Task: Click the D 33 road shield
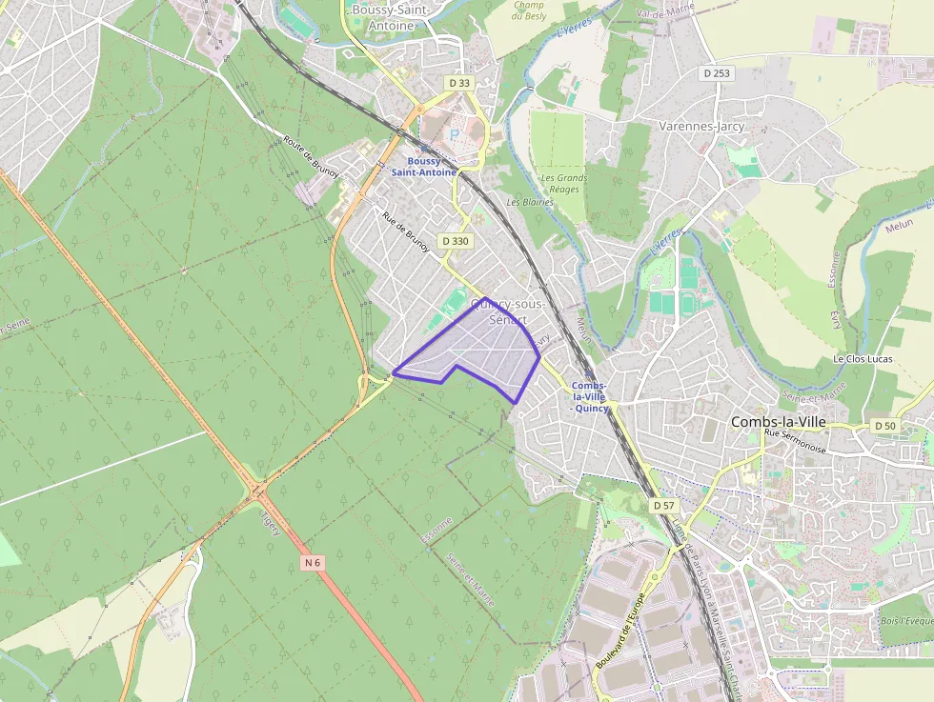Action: tap(459, 83)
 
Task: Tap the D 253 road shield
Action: tap(716, 72)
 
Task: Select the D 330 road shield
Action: tap(456, 241)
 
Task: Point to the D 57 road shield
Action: tap(663, 504)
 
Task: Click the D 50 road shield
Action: tap(885, 426)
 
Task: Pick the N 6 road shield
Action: tap(313, 563)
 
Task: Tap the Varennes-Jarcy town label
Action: tap(701, 126)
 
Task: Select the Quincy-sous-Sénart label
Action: tap(508, 311)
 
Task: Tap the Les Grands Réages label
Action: tap(564, 183)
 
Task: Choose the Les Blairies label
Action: tap(531, 202)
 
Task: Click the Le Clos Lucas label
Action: tap(863, 359)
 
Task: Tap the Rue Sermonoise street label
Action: tap(796, 440)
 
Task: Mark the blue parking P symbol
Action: tap(454, 134)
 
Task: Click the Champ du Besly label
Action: tap(528, 10)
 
